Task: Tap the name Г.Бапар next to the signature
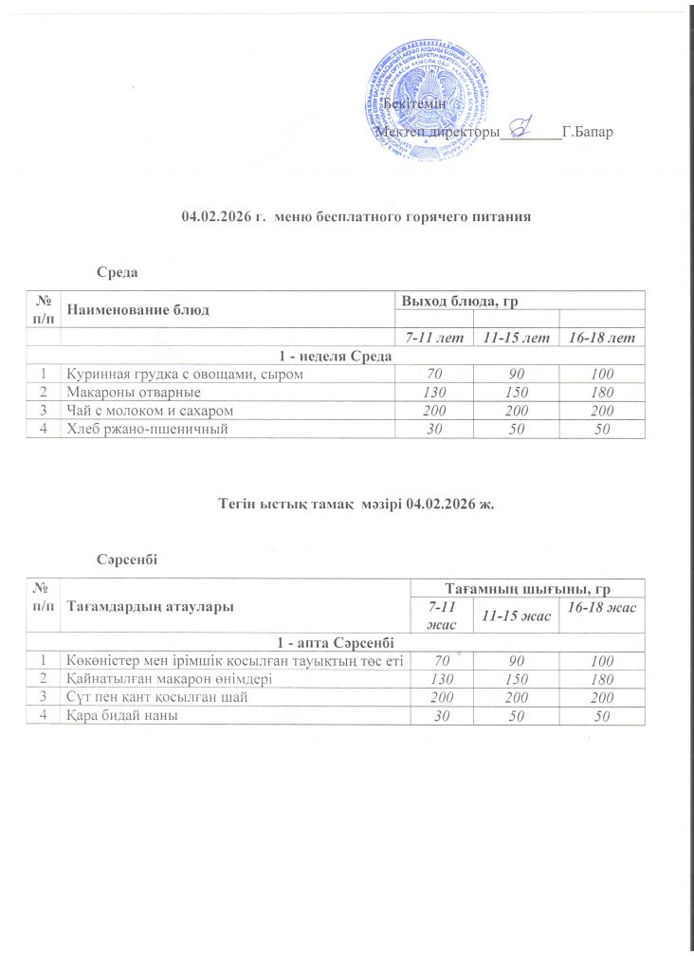point(588,132)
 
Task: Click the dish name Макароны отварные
point(126,392)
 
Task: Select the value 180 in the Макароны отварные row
point(601,392)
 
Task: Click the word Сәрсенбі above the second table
point(129,560)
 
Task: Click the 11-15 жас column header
point(516,616)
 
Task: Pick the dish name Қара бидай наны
point(123,714)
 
